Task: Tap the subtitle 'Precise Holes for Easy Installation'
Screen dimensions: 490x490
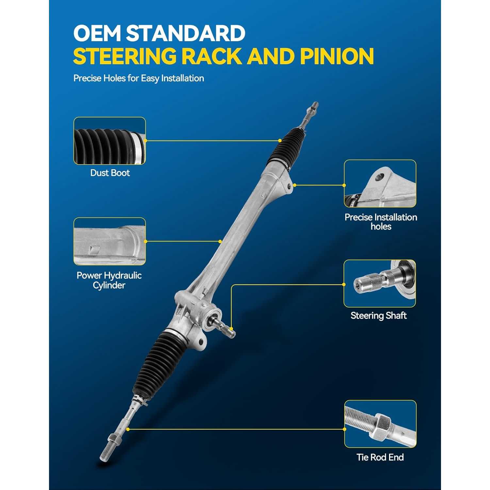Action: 139,78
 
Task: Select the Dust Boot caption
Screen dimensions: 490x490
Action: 110,173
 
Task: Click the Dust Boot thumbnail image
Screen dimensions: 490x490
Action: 109,141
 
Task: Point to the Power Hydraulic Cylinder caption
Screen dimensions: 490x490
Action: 109,280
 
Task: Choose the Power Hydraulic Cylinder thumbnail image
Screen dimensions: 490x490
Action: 109,241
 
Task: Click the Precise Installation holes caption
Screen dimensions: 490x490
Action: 381,222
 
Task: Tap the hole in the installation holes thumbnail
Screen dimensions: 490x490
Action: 379,177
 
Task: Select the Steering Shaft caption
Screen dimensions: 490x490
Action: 379,316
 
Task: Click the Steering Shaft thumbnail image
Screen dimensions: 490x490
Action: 380,284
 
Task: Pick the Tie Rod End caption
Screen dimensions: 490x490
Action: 380,457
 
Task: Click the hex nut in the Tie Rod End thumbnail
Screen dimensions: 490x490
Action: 381,425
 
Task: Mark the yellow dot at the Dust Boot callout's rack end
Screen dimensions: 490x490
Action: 280,140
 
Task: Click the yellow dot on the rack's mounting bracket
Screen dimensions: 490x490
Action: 294,185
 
